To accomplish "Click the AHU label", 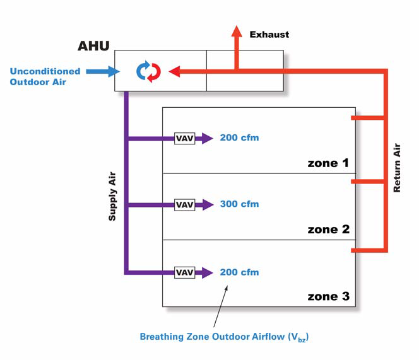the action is pyautogui.click(x=93, y=46).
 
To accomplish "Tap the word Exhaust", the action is pyautogui.click(x=269, y=35).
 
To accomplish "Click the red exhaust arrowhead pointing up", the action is pyautogui.click(x=237, y=31).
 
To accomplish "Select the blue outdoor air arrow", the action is pyautogui.click(x=103, y=71).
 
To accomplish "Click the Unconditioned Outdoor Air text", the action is pyautogui.click(x=45, y=76).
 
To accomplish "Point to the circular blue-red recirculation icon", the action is pyautogui.click(x=148, y=72).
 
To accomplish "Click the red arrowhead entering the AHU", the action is pyautogui.click(x=175, y=71).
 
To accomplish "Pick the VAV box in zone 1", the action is pyautogui.click(x=185, y=138).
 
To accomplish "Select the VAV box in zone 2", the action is pyautogui.click(x=185, y=205).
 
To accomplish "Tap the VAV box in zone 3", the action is pyautogui.click(x=185, y=272).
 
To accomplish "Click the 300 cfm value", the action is pyautogui.click(x=239, y=204).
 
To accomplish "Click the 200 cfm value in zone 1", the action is pyautogui.click(x=239, y=137).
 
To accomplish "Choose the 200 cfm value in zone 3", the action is pyautogui.click(x=239, y=272).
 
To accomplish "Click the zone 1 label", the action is pyautogui.click(x=328, y=163).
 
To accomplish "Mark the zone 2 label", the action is pyautogui.click(x=328, y=229).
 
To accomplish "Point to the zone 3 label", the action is pyautogui.click(x=328, y=296).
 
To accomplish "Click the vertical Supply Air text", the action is pyautogui.click(x=112, y=196).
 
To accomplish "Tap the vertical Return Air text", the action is pyautogui.click(x=397, y=168).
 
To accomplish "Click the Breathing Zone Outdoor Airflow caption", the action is pyautogui.click(x=224, y=337).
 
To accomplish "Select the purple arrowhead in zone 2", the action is pyautogui.click(x=208, y=205).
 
